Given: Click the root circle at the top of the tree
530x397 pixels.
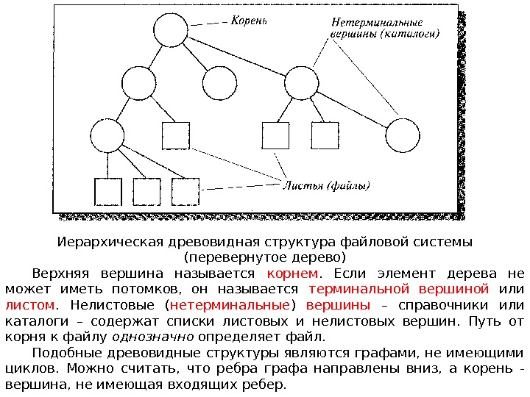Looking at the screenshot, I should click(171, 31).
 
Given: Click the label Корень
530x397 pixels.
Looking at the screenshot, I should click(250, 21).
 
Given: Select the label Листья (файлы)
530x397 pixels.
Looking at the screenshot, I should click(327, 185).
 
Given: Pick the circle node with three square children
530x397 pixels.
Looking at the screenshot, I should click(107, 137).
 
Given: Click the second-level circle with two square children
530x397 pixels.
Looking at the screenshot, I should click(300, 82).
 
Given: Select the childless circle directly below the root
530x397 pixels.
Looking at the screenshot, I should click(219, 82).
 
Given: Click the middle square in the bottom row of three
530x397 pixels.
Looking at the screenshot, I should click(146, 192).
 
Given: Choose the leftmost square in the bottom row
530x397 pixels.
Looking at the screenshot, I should click(107, 192).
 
